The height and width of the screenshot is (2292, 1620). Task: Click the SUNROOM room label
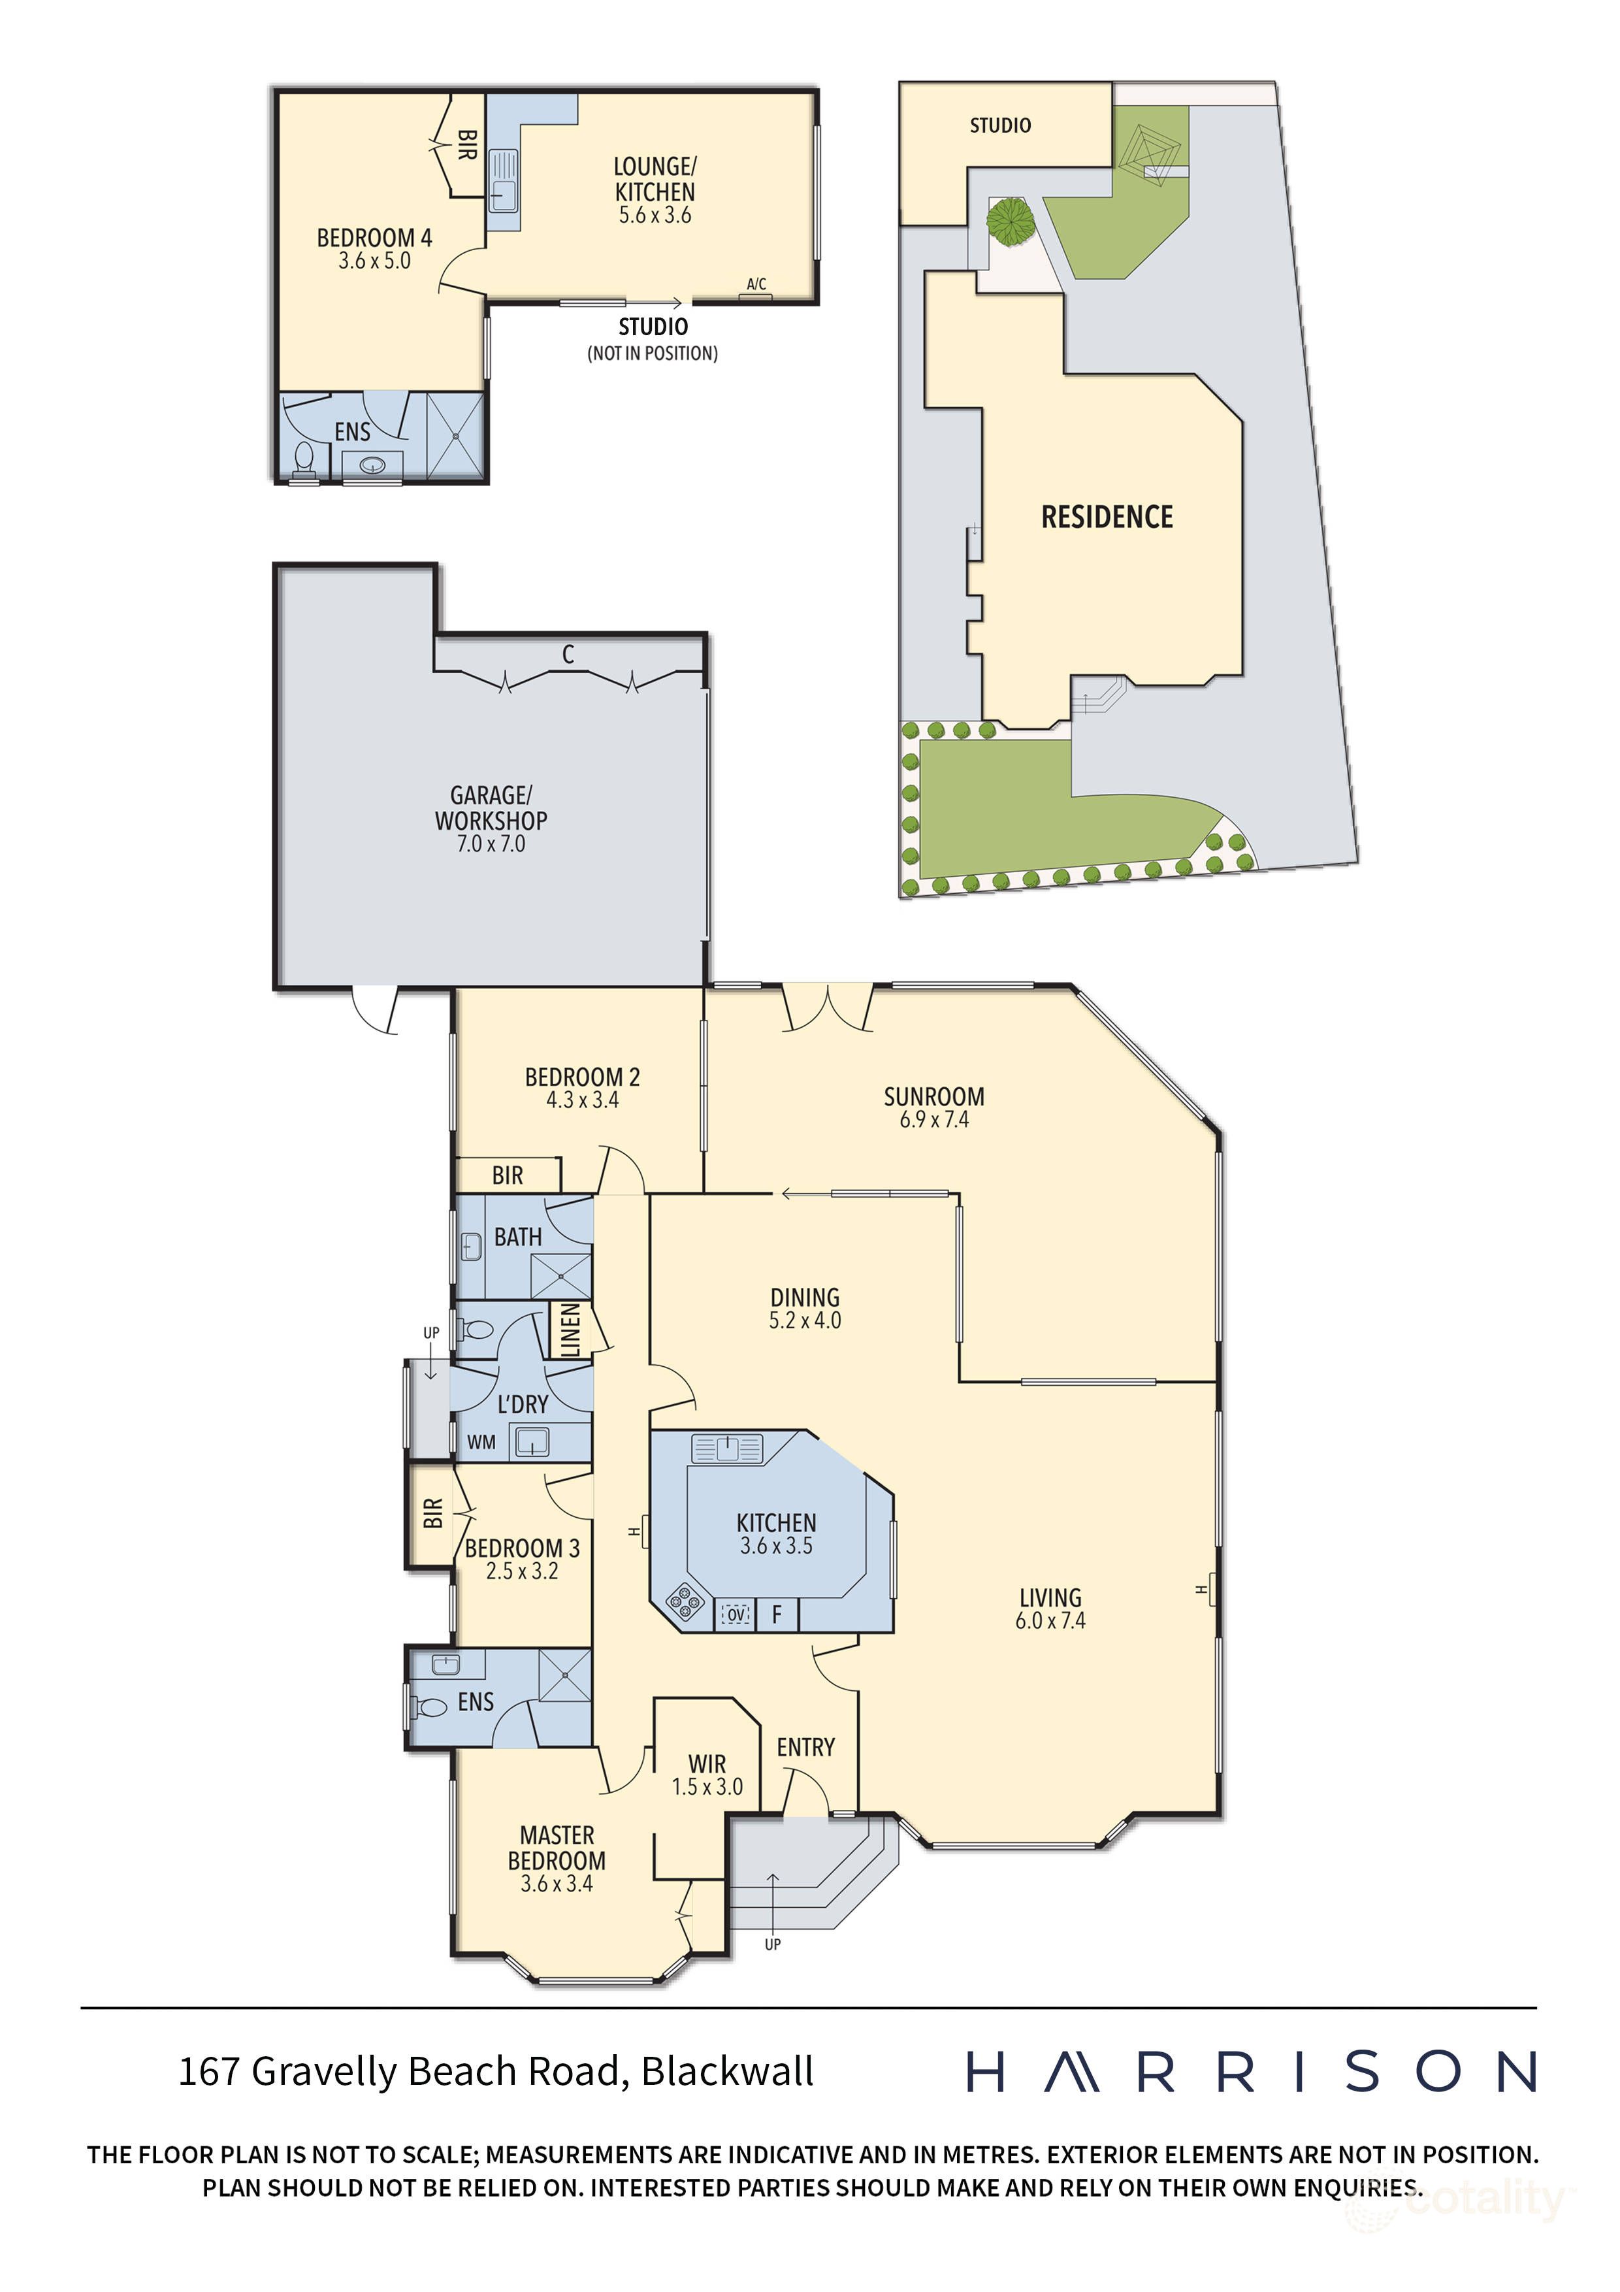(933, 1096)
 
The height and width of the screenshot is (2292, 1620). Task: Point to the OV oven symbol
(736, 1614)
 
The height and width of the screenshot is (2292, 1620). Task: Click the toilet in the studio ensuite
(304, 460)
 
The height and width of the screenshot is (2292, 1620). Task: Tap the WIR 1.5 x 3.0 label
(707, 1776)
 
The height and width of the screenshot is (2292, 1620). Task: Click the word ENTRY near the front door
(805, 1747)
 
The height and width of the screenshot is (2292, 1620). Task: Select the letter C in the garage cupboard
(568, 655)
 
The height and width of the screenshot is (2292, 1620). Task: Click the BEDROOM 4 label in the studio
(374, 238)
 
